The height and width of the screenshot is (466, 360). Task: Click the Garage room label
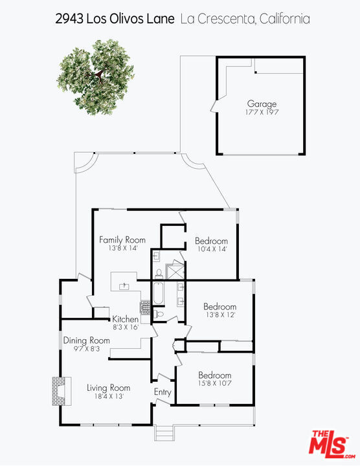[x=262, y=104]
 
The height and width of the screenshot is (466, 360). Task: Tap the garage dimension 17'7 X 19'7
[x=262, y=113]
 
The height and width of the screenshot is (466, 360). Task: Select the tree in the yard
[x=95, y=77]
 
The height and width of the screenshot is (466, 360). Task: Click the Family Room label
[x=122, y=240]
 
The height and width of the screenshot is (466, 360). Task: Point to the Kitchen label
[x=125, y=319]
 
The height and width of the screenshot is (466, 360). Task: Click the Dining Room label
[x=87, y=340]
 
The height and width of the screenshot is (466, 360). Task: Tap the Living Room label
[x=109, y=388]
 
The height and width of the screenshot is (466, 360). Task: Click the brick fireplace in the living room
[x=62, y=391]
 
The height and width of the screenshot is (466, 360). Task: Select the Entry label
[x=163, y=392]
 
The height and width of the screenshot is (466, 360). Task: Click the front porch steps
[x=164, y=433]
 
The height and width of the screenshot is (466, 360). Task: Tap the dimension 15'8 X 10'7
[x=214, y=383]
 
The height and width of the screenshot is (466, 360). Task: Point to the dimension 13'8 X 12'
[x=221, y=315]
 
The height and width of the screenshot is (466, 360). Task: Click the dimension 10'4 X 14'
[x=212, y=249]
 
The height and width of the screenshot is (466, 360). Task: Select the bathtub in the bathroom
[x=158, y=293]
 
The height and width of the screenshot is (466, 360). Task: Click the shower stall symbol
[x=175, y=271]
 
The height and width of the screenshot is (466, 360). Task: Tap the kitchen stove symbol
[x=146, y=307]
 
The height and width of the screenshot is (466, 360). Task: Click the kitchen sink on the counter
[x=124, y=286]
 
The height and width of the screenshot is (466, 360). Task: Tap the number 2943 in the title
[x=69, y=19]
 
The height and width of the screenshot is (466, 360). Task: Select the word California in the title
[x=284, y=19]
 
